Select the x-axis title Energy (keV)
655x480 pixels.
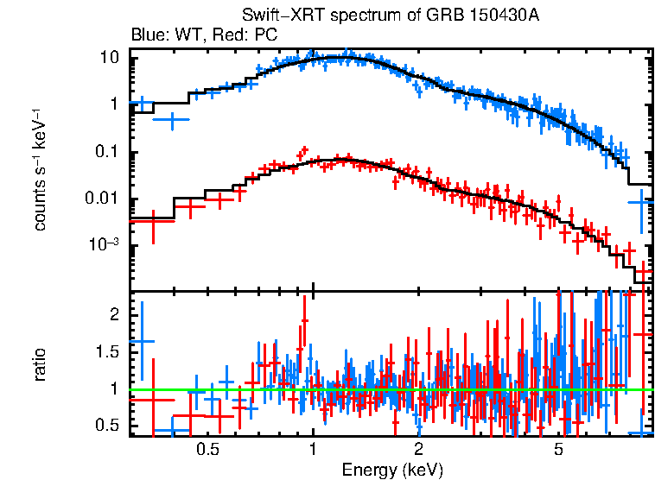[392, 470]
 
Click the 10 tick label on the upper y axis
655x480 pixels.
[109, 57]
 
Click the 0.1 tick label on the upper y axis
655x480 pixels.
[105, 153]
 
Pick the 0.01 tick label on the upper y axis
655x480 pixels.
[102, 199]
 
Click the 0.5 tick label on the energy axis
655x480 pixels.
[207, 449]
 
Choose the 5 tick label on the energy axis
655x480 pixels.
[558, 449]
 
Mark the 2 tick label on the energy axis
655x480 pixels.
[417, 449]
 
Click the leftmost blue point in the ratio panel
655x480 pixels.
[141, 341]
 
